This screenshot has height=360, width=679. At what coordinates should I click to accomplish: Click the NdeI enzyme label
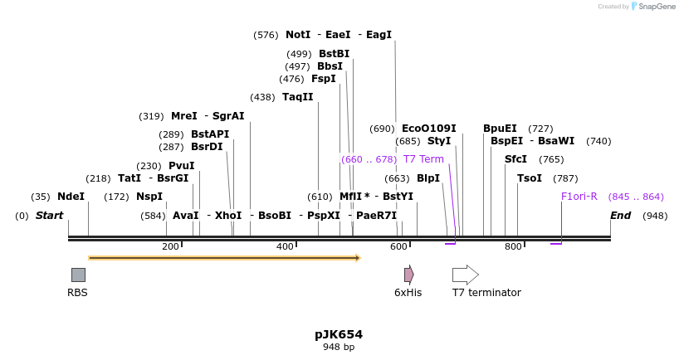point(71,197)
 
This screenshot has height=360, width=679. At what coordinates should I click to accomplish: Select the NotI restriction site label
point(298,35)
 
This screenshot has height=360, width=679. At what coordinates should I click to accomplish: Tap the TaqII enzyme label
point(297,97)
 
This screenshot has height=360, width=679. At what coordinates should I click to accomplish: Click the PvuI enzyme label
point(181,166)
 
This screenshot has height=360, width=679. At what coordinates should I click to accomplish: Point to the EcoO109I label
point(428,129)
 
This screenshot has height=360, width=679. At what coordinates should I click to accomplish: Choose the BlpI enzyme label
point(428,178)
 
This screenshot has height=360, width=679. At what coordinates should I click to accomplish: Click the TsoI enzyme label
point(529,178)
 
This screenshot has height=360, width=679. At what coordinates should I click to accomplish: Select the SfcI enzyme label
point(515,159)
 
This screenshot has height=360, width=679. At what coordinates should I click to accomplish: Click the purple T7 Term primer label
point(423,159)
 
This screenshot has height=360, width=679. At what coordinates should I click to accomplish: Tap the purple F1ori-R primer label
point(579,197)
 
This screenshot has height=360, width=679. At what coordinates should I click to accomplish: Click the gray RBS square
point(78,275)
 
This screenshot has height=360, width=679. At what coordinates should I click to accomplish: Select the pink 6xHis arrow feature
point(408,275)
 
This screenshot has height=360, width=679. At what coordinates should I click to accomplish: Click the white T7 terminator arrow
point(465,275)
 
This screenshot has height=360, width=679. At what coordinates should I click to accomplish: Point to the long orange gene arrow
point(224,258)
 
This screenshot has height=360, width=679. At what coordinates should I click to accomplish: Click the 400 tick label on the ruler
point(285,246)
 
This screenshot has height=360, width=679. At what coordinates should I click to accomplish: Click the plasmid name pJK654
point(339,334)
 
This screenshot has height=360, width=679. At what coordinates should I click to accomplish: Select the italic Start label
point(49,216)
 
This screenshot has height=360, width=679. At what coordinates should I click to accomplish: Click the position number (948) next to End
point(654,216)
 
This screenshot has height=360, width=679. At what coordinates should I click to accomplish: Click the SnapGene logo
point(652,7)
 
